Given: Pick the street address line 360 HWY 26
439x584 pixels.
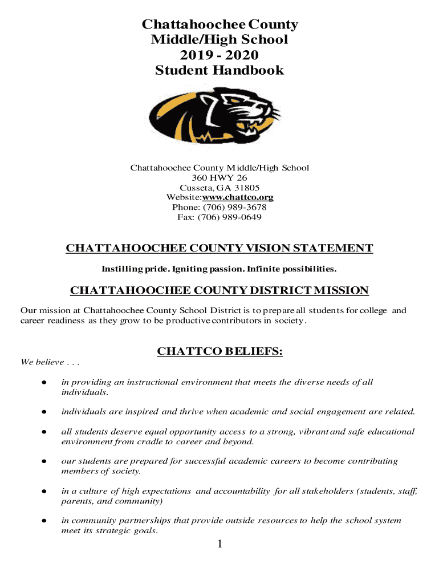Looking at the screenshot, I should tap(219, 178).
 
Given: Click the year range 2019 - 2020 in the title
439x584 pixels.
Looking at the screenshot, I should tap(219, 55).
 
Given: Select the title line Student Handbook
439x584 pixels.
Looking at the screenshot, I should tap(219, 71).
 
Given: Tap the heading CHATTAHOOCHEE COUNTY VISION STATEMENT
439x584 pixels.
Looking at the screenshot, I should tap(219, 249).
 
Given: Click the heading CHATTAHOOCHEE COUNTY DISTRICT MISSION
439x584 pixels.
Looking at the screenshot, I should tap(219, 291).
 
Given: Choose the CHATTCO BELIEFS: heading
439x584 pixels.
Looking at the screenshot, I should tap(220, 352).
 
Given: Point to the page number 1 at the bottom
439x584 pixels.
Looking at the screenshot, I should tap(219, 545).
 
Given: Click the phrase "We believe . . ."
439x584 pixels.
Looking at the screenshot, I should tap(50, 362).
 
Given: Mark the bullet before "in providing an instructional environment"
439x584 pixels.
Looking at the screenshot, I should tap(44, 383).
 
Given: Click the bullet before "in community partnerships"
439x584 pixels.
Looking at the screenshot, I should tap(44, 521).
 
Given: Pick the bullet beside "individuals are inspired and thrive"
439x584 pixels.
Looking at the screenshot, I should tap(44, 412).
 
